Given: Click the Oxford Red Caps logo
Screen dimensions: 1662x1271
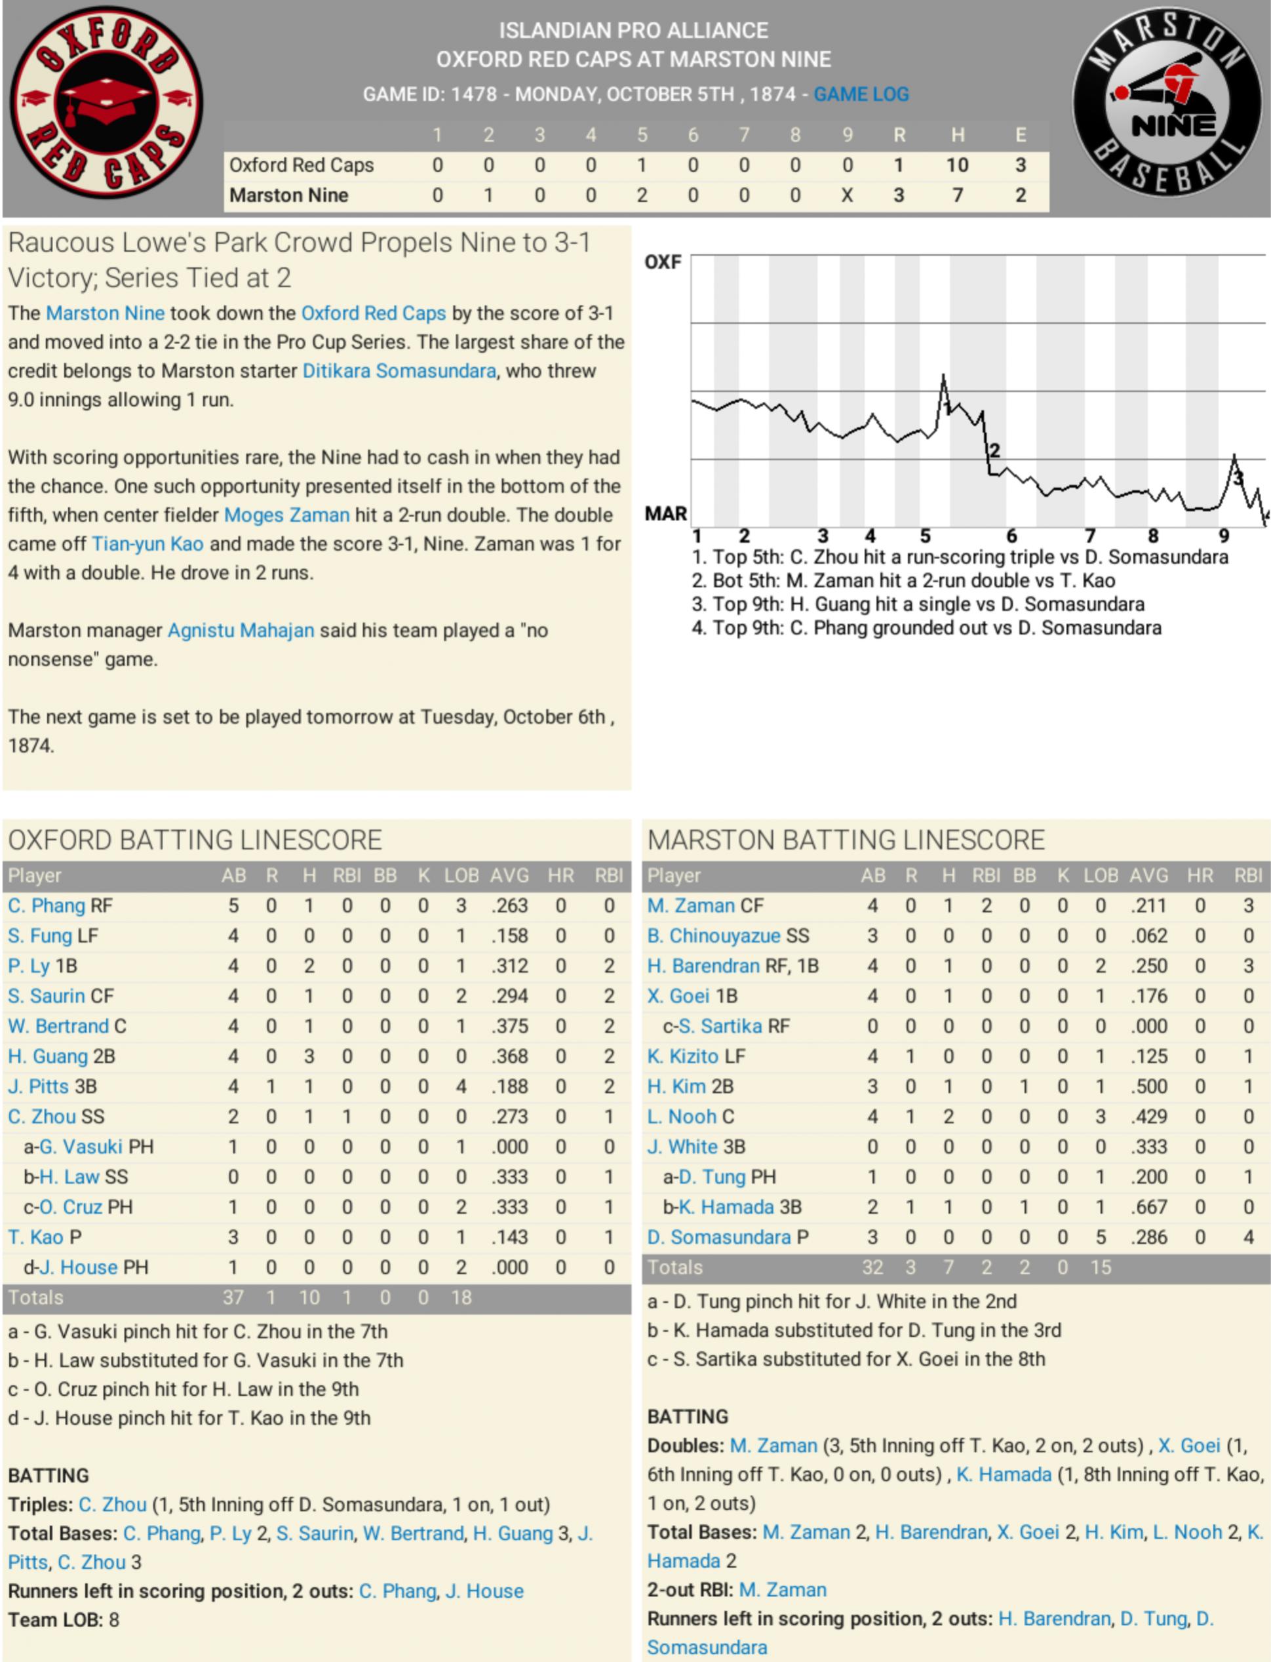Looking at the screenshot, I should (106, 104).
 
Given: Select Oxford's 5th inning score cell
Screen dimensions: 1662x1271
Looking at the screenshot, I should (642, 165).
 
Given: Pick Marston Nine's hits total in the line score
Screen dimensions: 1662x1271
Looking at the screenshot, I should (957, 195).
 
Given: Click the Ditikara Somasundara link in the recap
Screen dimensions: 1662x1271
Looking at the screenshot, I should (399, 370).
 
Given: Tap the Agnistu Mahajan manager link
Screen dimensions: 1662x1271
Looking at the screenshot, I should (241, 630).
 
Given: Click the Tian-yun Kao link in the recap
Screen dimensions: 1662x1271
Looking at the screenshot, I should (147, 544).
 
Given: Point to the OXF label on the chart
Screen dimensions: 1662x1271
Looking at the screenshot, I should (663, 262).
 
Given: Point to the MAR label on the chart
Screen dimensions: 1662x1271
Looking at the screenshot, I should (665, 513).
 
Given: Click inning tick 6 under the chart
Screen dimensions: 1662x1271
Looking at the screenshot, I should (1011, 536).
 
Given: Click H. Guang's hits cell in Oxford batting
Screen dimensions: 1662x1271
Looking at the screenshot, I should (309, 1056).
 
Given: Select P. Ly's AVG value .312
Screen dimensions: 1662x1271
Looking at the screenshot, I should (509, 966).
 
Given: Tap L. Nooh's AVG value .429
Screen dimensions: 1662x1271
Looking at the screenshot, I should (1148, 1117).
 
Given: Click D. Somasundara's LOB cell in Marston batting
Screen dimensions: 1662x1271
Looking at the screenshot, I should (1100, 1237).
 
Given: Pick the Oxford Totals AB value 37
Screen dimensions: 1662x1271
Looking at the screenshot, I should (233, 1297).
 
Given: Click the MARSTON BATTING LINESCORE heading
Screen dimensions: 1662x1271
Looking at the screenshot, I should (845, 840).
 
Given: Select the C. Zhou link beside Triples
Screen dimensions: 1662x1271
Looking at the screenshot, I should (113, 1505).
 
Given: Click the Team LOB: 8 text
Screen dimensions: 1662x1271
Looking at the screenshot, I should (64, 1619).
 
